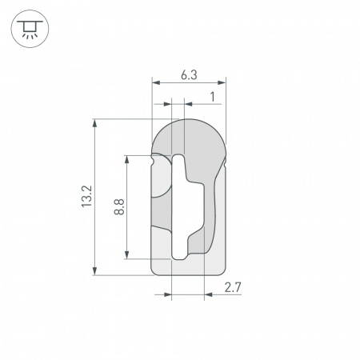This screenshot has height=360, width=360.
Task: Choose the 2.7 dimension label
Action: [x=232, y=286]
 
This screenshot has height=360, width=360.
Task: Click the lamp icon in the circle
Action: [x=28, y=29]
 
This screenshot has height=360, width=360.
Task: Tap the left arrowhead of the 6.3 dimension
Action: [x=155, y=82]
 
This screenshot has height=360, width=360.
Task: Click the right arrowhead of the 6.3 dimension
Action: [x=223, y=82]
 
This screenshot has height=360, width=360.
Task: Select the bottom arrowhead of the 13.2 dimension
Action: [x=96, y=271]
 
